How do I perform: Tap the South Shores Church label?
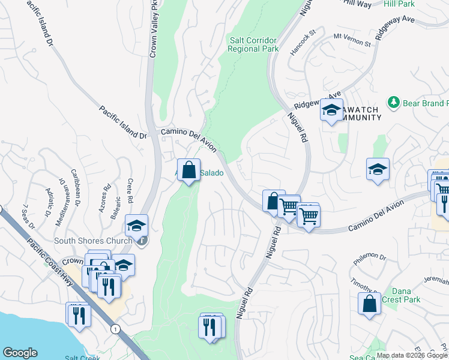[93, 241]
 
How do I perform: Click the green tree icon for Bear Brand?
[394, 103]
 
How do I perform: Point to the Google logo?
[20, 353]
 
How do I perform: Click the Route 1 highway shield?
[114, 328]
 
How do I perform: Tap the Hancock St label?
[303, 43]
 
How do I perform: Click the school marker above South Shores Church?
[137, 226]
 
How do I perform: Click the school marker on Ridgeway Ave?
[331, 110]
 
